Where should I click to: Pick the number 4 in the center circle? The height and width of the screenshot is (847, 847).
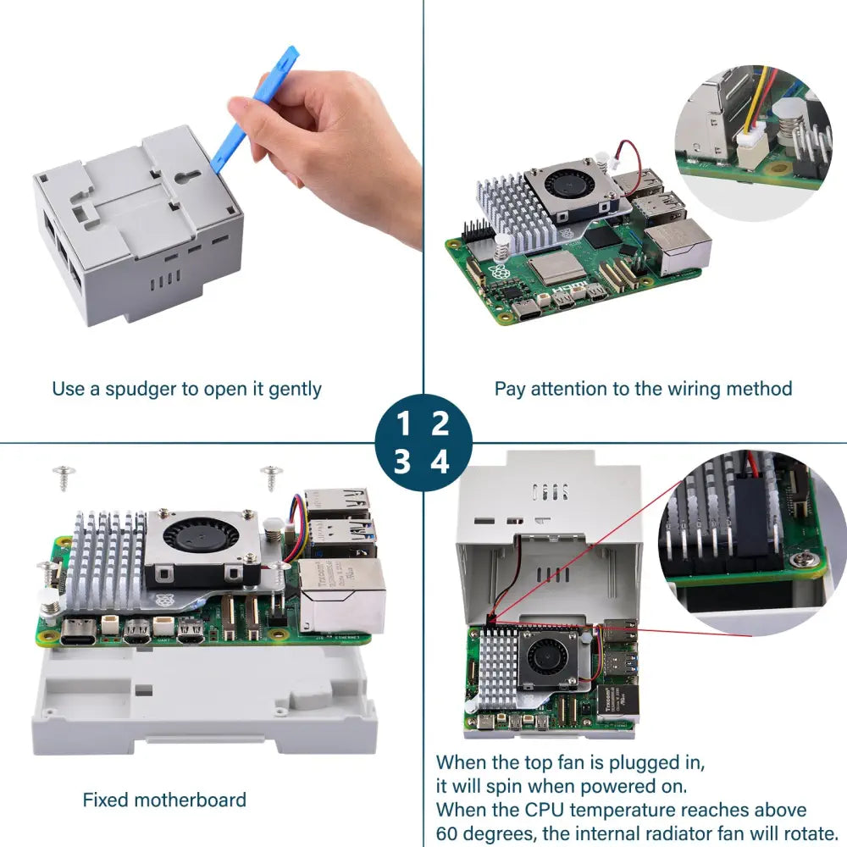pyautogui.click(x=440, y=462)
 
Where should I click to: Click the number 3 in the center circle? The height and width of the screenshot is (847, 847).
pyautogui.click(x=402, y=462)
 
